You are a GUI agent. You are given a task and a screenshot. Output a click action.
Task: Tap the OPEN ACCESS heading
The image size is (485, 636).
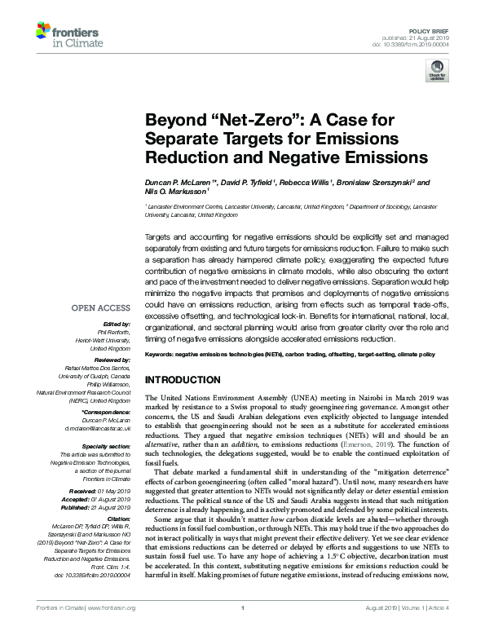click(100, 308)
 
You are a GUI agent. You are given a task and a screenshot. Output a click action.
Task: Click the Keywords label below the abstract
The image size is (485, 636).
click(161, 356)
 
